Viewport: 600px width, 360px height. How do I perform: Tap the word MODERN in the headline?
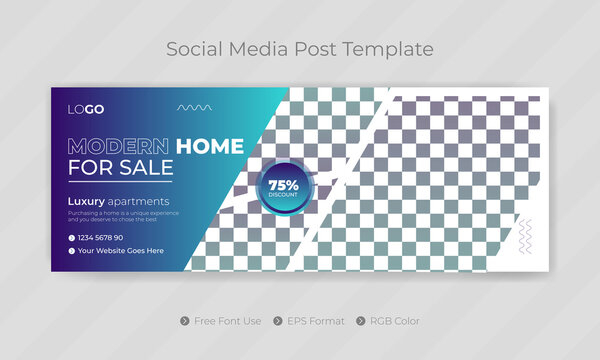(118, 146)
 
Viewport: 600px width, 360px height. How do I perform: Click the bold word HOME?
(209, 146)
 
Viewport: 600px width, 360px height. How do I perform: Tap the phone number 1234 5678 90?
(101, 237)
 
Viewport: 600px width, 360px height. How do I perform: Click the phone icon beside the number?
(72, 237)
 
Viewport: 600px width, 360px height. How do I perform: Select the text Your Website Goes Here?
(121, 251)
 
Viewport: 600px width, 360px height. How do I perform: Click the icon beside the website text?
(72, 251)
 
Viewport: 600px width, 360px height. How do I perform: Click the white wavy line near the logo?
(194, 106)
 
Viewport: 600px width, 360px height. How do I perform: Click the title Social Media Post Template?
(299, 48)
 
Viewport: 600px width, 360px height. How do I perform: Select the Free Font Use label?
(228, 321)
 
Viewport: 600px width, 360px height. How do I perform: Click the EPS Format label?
(316, 321)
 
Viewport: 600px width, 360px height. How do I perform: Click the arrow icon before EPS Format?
(275, 321)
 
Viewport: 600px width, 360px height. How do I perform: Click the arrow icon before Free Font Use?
(185, 321)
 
